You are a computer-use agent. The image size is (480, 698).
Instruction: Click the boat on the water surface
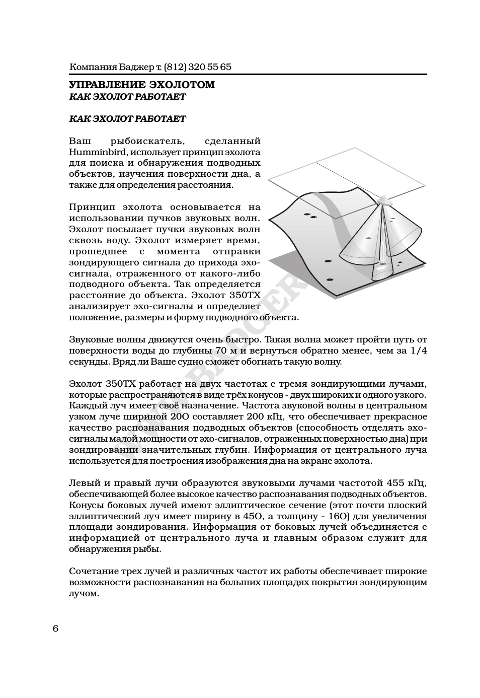click(x=385, y=200)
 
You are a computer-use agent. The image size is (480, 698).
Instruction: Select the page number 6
click(x=55, y=629)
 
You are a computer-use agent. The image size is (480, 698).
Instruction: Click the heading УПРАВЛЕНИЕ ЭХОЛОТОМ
click(x=141, y=85)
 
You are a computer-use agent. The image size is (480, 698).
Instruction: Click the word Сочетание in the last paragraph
click(x=93, y=571)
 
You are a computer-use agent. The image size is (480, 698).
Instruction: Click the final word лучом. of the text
click(x=84, y=593)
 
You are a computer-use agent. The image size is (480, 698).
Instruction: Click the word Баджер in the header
click(x=131, y=67)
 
